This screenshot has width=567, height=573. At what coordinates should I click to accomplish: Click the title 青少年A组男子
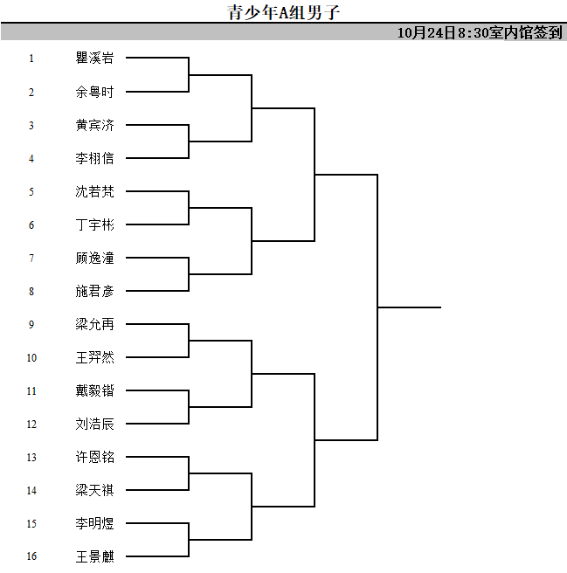pos(284,12)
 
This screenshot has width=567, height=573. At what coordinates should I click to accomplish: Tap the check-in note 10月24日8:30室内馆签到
pos(480,32)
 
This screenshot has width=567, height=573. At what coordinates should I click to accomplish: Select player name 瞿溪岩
pos(94,58)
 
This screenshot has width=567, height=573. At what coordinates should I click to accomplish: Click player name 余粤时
pos(94,92)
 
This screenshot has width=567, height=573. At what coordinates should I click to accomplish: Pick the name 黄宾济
pos(94,125)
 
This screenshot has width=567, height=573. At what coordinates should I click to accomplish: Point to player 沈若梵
pos(94,191)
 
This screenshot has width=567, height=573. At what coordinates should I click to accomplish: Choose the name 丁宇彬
pos(94,224)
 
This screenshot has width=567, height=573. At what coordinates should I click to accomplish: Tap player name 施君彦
pos(94,291)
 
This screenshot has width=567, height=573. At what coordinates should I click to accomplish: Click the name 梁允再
pos(94,324)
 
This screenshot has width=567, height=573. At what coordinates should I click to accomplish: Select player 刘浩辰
pos(94,424)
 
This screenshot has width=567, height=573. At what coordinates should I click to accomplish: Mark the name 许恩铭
pos(94,457)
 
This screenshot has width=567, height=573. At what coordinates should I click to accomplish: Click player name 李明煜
pos(94,523)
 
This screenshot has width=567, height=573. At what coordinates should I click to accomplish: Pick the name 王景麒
pos(94,556)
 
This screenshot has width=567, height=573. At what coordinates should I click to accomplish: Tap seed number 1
pos(31,59)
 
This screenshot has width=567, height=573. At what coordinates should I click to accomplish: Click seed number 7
pos(31,258)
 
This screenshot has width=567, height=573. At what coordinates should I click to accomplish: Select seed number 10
pos(31,357)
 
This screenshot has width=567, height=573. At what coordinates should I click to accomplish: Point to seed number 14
pos(31,490)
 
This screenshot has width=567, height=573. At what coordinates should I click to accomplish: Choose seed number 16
pos(31,556)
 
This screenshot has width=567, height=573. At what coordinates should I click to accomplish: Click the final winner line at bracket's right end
pos(410,307)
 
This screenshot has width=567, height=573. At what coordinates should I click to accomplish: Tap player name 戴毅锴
pos(94,390)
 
